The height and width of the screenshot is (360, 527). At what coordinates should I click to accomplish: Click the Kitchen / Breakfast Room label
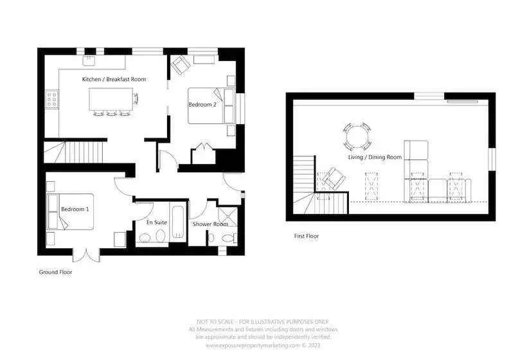coord(114,79)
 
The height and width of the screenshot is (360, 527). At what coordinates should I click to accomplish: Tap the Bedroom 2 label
coord(202,105)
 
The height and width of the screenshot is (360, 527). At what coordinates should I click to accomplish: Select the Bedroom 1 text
coord(75,209)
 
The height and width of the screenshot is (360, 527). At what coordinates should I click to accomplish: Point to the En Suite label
coord(157,222)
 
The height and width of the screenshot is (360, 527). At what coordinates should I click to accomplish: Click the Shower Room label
coord(210,224)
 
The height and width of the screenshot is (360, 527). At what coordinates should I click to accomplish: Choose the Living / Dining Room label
coord(375,157)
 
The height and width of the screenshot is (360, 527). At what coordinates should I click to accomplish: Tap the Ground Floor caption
coord(55,272)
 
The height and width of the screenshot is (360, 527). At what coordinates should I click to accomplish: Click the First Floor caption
coord(307,236)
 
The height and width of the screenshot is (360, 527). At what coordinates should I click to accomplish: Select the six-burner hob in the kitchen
coord(52,100)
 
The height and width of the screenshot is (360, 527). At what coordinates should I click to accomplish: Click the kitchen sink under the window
coord(89,60)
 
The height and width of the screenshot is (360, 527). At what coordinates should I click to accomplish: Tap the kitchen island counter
coord(111,99)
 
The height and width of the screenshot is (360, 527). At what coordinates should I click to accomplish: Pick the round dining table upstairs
coord(357,136)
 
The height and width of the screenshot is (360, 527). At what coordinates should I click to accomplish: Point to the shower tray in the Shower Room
coord(228,217)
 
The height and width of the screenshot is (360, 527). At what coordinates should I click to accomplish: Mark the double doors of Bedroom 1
coord(86,256)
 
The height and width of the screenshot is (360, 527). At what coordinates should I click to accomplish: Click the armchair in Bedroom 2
coord(181,65)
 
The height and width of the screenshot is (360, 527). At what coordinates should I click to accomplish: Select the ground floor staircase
coord(74,152)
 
